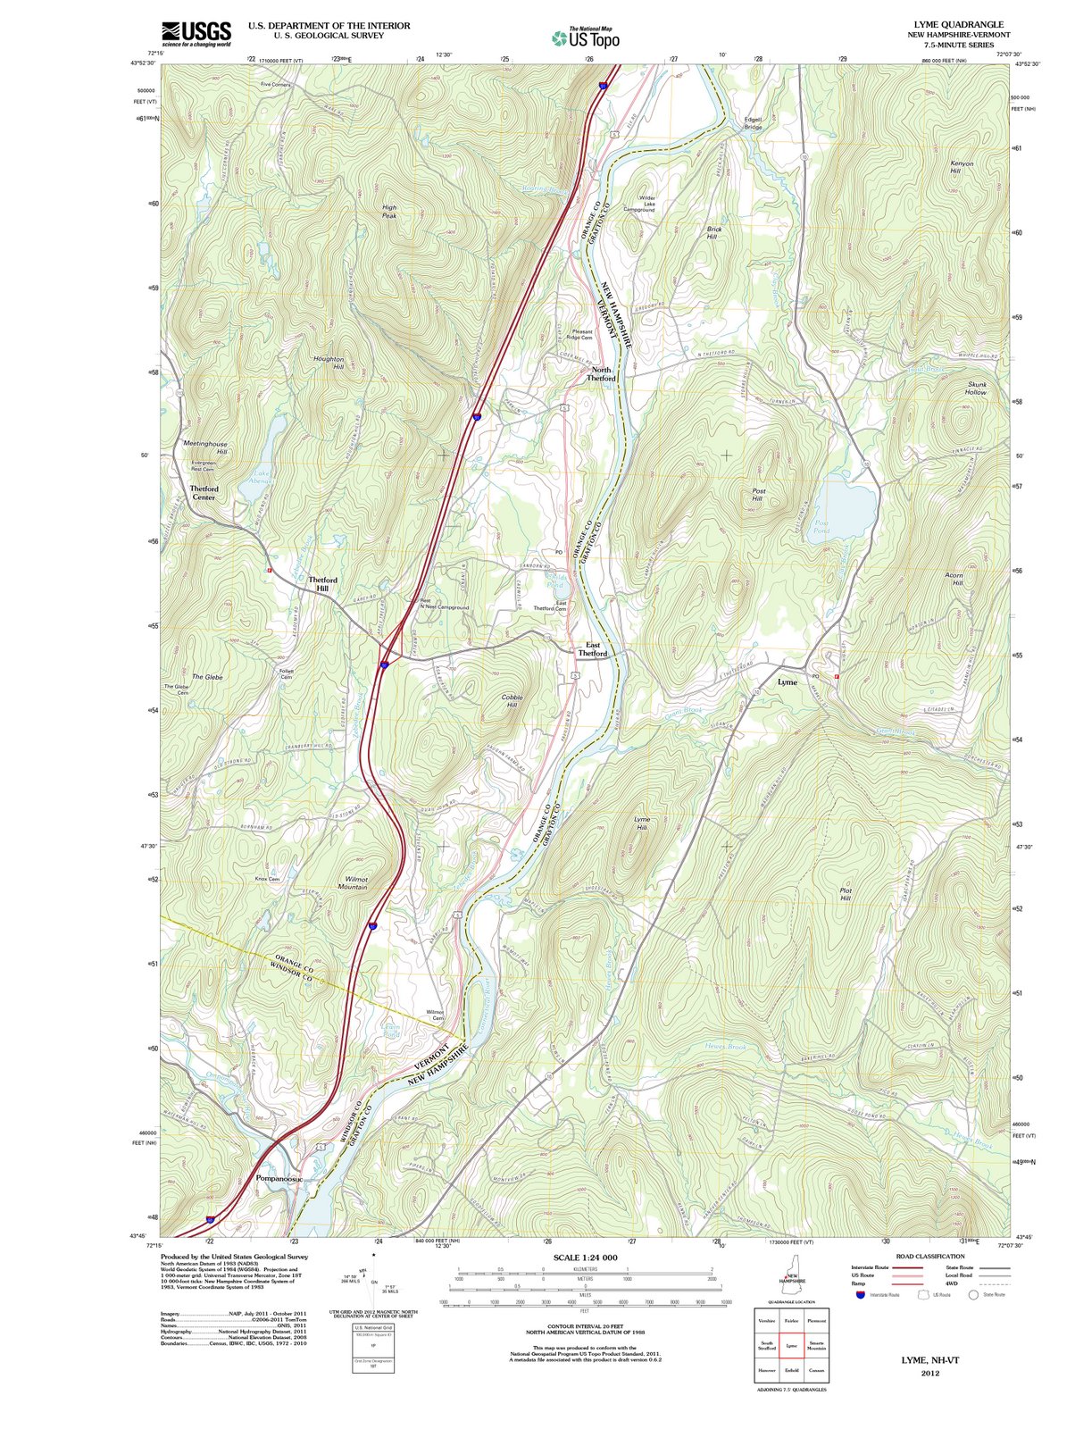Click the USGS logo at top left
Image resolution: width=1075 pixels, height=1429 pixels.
click(196, 33)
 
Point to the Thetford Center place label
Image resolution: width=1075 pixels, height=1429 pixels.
click(204, 493)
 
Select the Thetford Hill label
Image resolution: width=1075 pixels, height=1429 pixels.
click(323, 584)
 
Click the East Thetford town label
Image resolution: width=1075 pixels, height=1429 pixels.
click(592, 648)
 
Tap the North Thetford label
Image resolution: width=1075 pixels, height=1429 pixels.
click(601, 373)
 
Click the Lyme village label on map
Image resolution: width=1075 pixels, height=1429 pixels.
click(787, 681)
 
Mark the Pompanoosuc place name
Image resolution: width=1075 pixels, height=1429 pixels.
click(279, 1178)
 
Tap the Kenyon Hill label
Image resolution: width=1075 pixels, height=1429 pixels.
click(962, 167)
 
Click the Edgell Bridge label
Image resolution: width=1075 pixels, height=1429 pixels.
click(754, 123)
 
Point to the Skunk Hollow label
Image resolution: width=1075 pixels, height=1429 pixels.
click(977, 389)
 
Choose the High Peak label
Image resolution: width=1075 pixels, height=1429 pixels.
click(389, 211)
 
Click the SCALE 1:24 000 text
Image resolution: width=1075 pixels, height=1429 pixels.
click(585, 1258)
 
